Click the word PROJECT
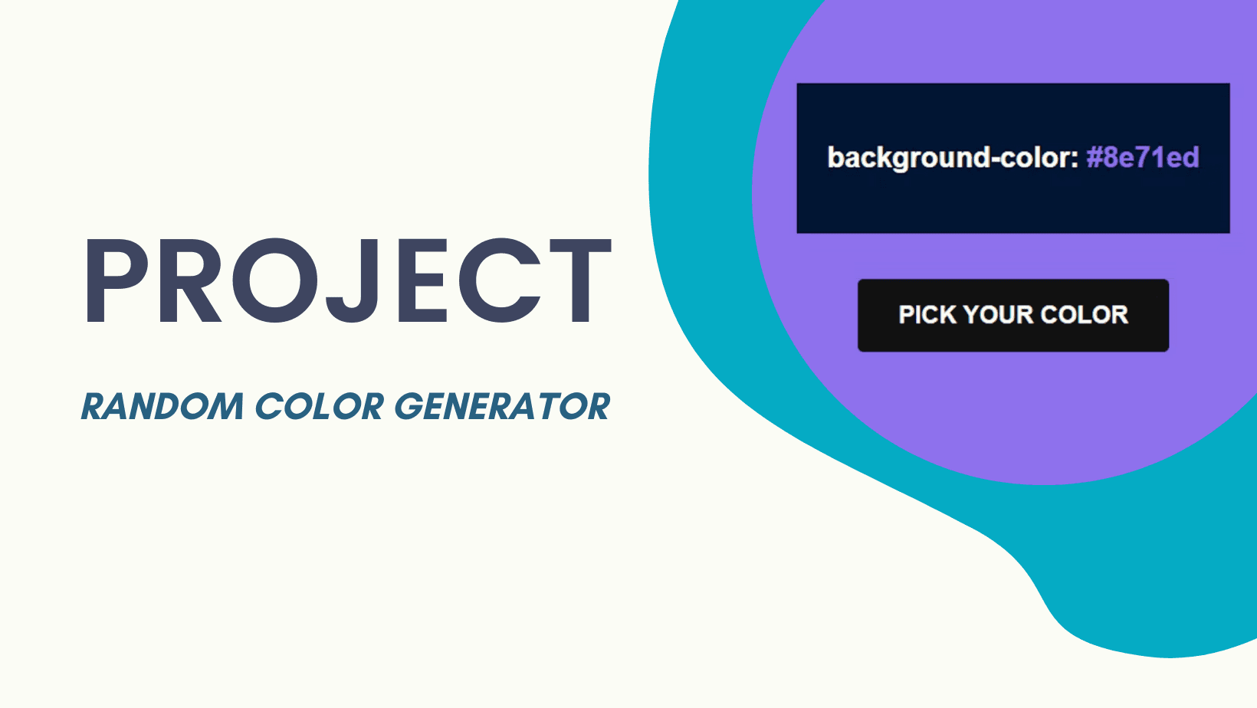coord(348,280)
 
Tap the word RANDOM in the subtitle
coord(162,406)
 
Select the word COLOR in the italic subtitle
coord(320,406)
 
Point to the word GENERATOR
coord(502,406)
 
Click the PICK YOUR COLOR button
coord(1013,315)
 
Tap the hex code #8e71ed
coord(1143,158)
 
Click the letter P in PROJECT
coord(117,280)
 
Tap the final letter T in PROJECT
coord(580,280)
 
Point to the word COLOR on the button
coord(1084,315)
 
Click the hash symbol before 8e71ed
coord(1095,158)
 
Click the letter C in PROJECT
coord(500,280)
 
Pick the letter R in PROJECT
coord(189,280)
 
